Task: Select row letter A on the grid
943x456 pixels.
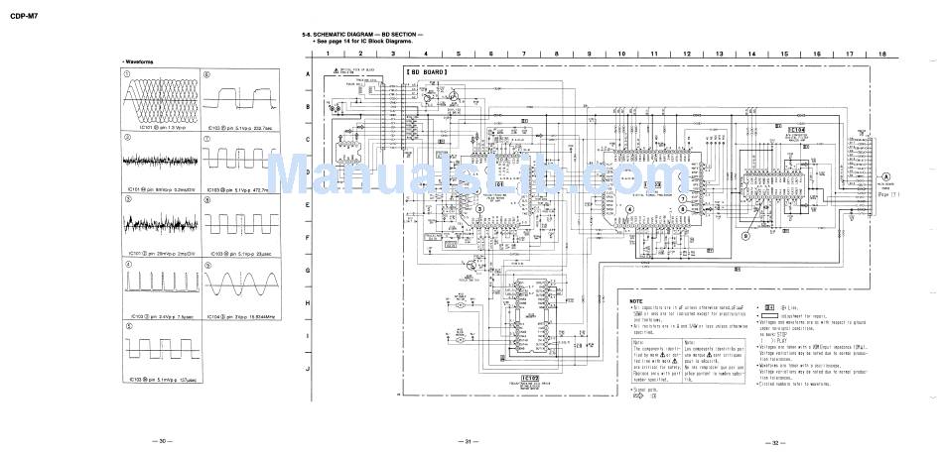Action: pos(308,74)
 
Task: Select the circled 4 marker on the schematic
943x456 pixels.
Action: pos(628,225)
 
